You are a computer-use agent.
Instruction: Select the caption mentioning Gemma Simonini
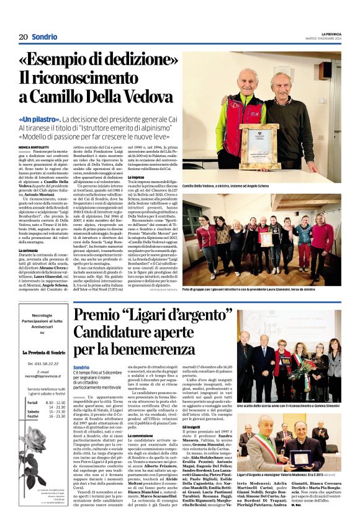[288, 405]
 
